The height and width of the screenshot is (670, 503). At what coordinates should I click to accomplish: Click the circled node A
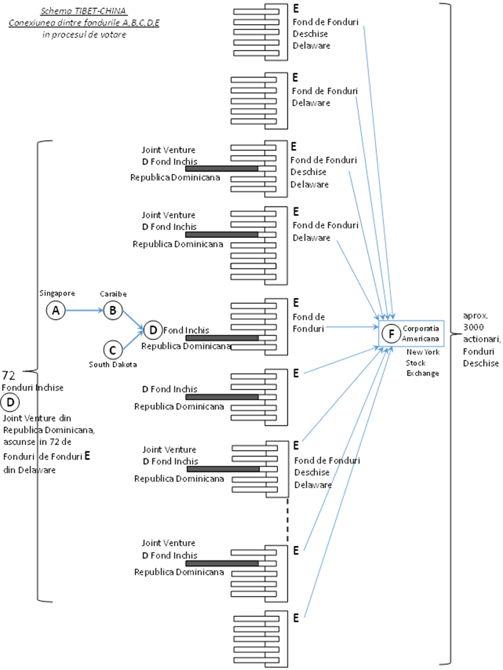click(56, 310)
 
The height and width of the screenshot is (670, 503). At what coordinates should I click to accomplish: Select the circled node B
click(113, 310)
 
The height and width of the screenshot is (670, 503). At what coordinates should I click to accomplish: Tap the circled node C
click(113, 350)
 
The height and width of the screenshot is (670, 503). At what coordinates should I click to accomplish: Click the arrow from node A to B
click(84, 310)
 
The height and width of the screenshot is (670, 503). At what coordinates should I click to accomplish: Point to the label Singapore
click(57, 293)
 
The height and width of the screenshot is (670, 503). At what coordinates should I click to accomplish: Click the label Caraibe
click(113, 294)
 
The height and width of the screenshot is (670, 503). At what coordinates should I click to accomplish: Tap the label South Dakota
click(113, 364)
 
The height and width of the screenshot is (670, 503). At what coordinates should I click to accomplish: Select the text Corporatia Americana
click(421, 333)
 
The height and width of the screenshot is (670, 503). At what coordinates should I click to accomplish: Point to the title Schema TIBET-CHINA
click(84, 11)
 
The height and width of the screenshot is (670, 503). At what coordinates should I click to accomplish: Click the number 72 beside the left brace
click(9, 375)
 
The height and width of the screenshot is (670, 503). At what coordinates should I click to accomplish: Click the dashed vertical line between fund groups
click(287, 520)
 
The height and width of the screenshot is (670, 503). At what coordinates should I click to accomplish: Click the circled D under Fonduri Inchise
click(10, 402)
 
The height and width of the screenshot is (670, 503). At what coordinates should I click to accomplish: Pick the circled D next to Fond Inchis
click(153, 330)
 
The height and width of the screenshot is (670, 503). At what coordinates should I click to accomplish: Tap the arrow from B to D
click(133, 320)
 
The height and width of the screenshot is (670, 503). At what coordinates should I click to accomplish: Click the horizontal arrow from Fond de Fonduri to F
click(352, 328)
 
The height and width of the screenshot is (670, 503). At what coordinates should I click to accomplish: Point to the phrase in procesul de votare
click(84, 35)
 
